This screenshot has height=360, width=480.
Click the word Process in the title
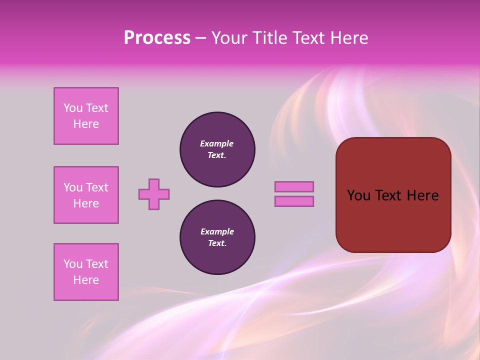point(157,38)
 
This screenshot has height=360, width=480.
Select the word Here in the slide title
point(348,38)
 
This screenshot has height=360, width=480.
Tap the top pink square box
point(86,116)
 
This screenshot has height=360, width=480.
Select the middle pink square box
point(86,195)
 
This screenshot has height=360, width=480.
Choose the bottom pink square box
point(86,272)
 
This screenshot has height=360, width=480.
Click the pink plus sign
point(154,194)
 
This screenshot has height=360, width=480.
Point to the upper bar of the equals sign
point(294,186)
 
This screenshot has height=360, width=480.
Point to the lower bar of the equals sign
point(294,201)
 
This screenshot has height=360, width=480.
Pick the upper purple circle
point(217,149)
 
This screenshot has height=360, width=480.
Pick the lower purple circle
point(217,237)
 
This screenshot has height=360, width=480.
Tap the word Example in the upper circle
point(217,143)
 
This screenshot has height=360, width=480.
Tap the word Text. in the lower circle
point(217,243)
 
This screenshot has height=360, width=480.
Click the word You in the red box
point(359,195)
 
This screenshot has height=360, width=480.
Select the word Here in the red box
point(422,195)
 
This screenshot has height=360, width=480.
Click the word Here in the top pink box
point(86,124)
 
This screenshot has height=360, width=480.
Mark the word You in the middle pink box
point(72,187)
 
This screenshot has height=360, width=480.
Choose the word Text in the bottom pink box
point(97,264)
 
